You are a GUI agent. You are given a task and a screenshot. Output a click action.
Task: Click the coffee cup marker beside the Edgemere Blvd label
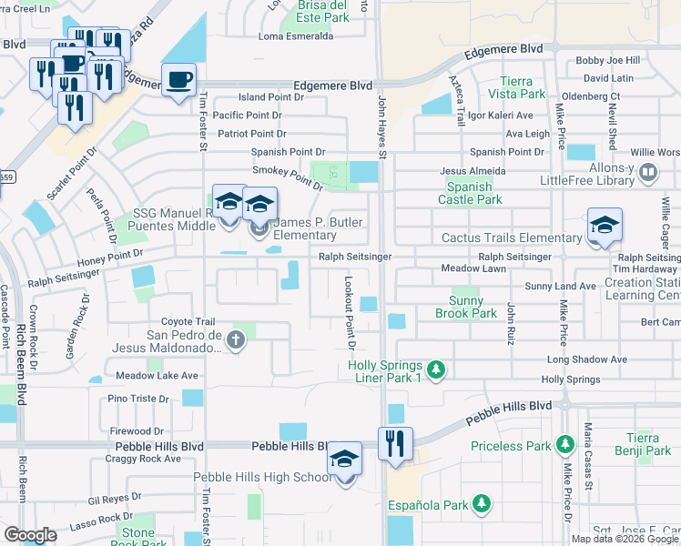178,78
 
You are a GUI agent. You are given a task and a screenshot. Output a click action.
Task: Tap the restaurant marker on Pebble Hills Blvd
395,443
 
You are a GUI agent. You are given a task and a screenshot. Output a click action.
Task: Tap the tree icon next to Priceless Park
565,446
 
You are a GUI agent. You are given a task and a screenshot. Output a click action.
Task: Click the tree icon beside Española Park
483,504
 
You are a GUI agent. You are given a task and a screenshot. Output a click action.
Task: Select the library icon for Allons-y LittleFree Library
648,171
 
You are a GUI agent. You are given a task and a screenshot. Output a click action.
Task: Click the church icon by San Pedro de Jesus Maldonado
236,341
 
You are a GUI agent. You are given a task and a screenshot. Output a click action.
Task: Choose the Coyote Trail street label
188,321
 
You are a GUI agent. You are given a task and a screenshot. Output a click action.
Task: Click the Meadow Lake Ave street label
157,375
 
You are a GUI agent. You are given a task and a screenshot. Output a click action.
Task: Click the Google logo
30,535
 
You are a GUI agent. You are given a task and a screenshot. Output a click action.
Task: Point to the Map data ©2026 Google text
625,538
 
